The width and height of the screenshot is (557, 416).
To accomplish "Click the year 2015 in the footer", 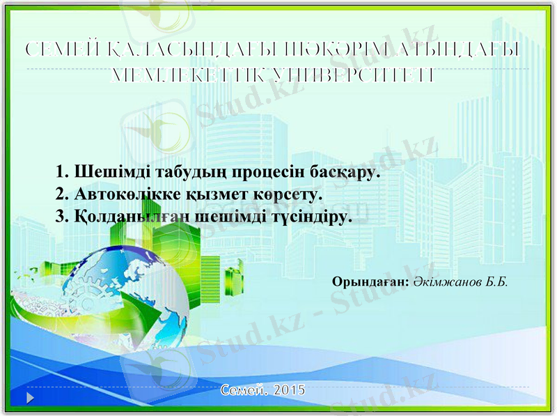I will click(x=289, y=390).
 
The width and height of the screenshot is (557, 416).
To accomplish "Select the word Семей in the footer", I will click(x=244, y=390).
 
